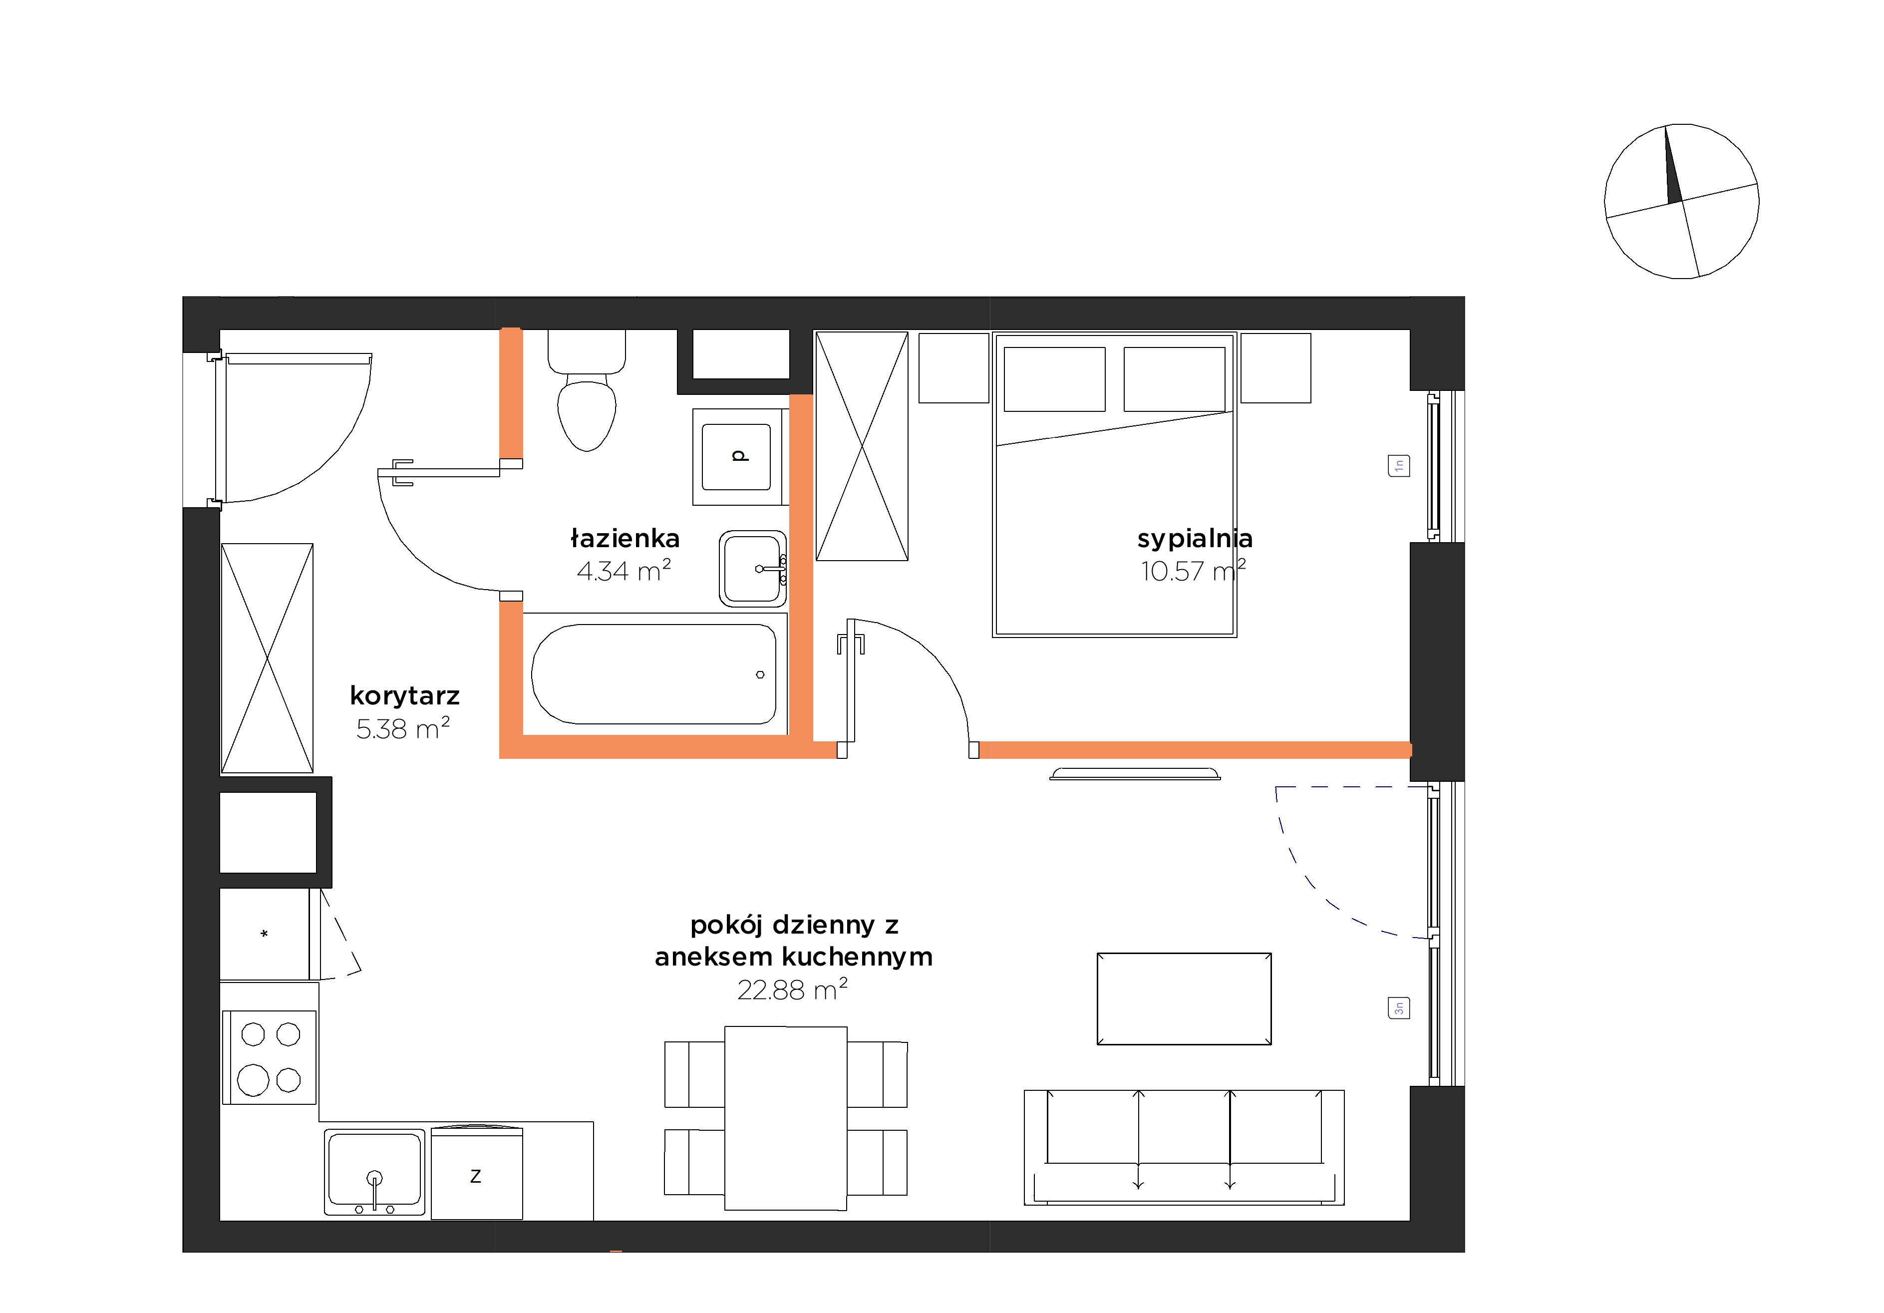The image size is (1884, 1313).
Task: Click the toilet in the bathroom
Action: click(x=587, y=390)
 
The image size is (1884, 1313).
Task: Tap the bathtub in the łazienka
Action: click(x=654, y=674)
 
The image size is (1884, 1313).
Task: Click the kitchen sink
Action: click(x=375, y=1172)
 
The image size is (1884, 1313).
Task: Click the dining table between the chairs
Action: click(x=785, y=1118)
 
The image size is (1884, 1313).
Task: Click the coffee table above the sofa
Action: click(x=1184, y=998)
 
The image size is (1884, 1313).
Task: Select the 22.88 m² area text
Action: click(x=793, y=989)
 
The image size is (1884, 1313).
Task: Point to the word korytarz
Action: click(x=404, y=696)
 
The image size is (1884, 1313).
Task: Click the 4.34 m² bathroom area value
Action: click(x=624, y=570)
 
